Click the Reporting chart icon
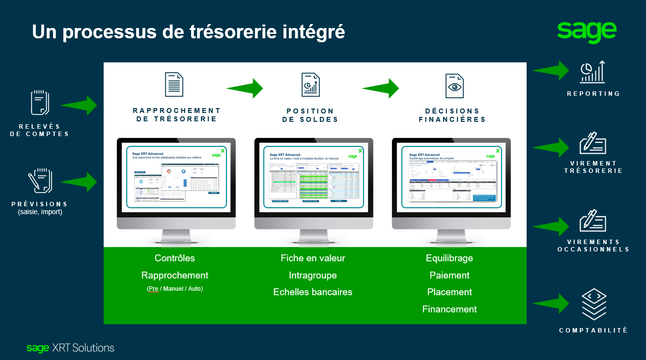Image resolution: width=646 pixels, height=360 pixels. coord(593,72)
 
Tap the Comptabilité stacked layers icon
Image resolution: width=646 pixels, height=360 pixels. coord(593,305)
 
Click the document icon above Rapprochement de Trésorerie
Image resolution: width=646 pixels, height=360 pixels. coord(174,84)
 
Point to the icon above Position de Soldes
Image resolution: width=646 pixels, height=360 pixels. coord(310,84)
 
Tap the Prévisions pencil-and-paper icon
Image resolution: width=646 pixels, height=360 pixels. coord(40,181)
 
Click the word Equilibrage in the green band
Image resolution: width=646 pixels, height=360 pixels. coord(449,258)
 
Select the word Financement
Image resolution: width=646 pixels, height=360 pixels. coord(449,309)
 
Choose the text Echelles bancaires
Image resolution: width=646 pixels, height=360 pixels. coord(312,292)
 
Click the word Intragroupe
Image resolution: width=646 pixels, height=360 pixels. coord(312,275)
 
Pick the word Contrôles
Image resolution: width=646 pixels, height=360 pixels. coord(174,258)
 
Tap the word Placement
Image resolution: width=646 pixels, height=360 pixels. coord(449,292)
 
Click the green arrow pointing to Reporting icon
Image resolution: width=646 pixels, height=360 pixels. coord(551,70)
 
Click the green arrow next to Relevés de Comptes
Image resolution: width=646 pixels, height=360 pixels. coord(79,105)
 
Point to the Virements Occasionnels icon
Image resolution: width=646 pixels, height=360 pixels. coord(593,221)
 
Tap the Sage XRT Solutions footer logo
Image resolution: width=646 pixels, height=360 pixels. coord(70,348)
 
